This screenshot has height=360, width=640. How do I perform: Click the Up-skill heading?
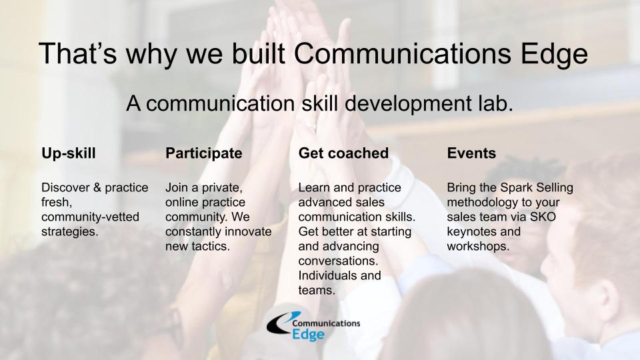[69, 153]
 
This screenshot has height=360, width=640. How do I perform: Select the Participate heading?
[204, 153]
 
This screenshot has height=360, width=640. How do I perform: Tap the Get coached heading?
[343, 153]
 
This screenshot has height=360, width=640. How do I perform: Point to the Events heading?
[471, 153]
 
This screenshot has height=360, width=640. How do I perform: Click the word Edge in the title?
[554, 54]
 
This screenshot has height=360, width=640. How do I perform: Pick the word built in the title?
[259, 53]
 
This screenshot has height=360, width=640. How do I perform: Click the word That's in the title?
[77, 53]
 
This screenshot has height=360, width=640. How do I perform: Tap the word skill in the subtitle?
[319, 103]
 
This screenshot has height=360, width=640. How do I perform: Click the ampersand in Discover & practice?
[97, 188]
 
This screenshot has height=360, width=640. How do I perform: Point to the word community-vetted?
[90, 217]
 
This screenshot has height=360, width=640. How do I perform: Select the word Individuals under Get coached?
[327, 275]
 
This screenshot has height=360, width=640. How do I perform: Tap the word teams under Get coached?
[317, 291]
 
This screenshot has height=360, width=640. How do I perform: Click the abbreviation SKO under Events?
[543, 217]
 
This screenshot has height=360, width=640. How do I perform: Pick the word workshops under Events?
[478, 247]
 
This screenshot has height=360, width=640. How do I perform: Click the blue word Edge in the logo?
[308, 335]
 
